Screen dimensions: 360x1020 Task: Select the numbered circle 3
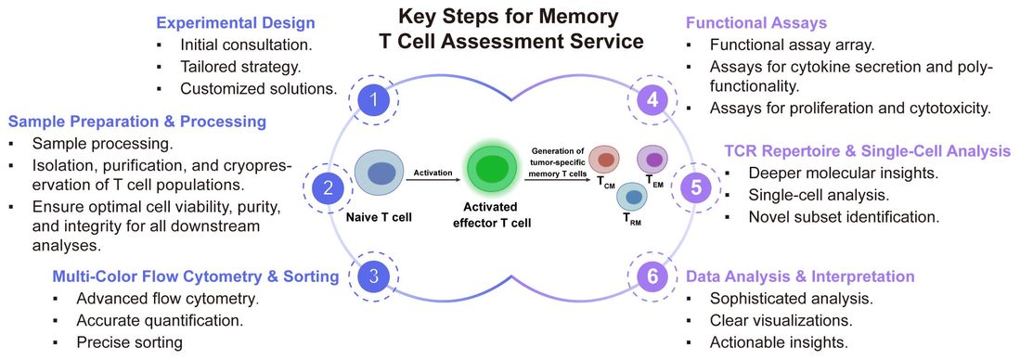tap(372, 275)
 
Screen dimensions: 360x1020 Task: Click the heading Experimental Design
tap(235, 22)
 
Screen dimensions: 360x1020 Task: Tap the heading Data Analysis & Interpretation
tap(800, 276)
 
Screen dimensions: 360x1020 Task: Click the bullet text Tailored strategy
tap(240, 67)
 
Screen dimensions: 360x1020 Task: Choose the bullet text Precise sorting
tap(129, 342)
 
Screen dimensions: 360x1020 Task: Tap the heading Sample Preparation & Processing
tap(137, 122)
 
